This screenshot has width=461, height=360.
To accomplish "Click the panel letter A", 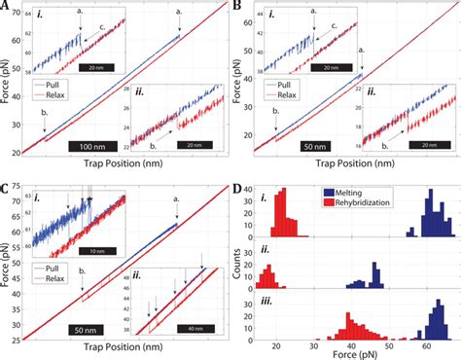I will (6, 7).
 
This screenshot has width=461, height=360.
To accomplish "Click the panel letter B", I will (237, 7).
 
